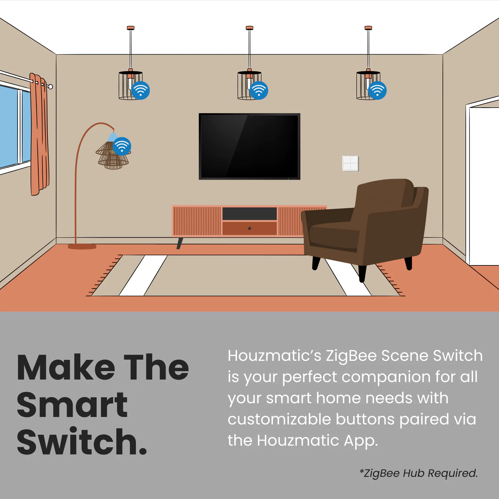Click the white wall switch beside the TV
click(351, 163)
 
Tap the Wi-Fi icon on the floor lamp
click(122, 146)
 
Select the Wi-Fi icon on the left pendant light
click(140, 90)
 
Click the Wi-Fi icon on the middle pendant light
click(259, 90)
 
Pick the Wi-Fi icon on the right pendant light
click(377, 90)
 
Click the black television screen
click(249, 146)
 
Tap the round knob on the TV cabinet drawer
click(249, 228)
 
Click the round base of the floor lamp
click(82, 247)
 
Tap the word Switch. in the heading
click(82, 442)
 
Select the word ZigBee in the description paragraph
click(351, 356)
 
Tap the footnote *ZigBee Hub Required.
click(419, 473)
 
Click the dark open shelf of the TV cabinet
click(249, 214)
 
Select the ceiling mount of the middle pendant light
click(249, 28)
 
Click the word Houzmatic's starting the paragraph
click(274, 356)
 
